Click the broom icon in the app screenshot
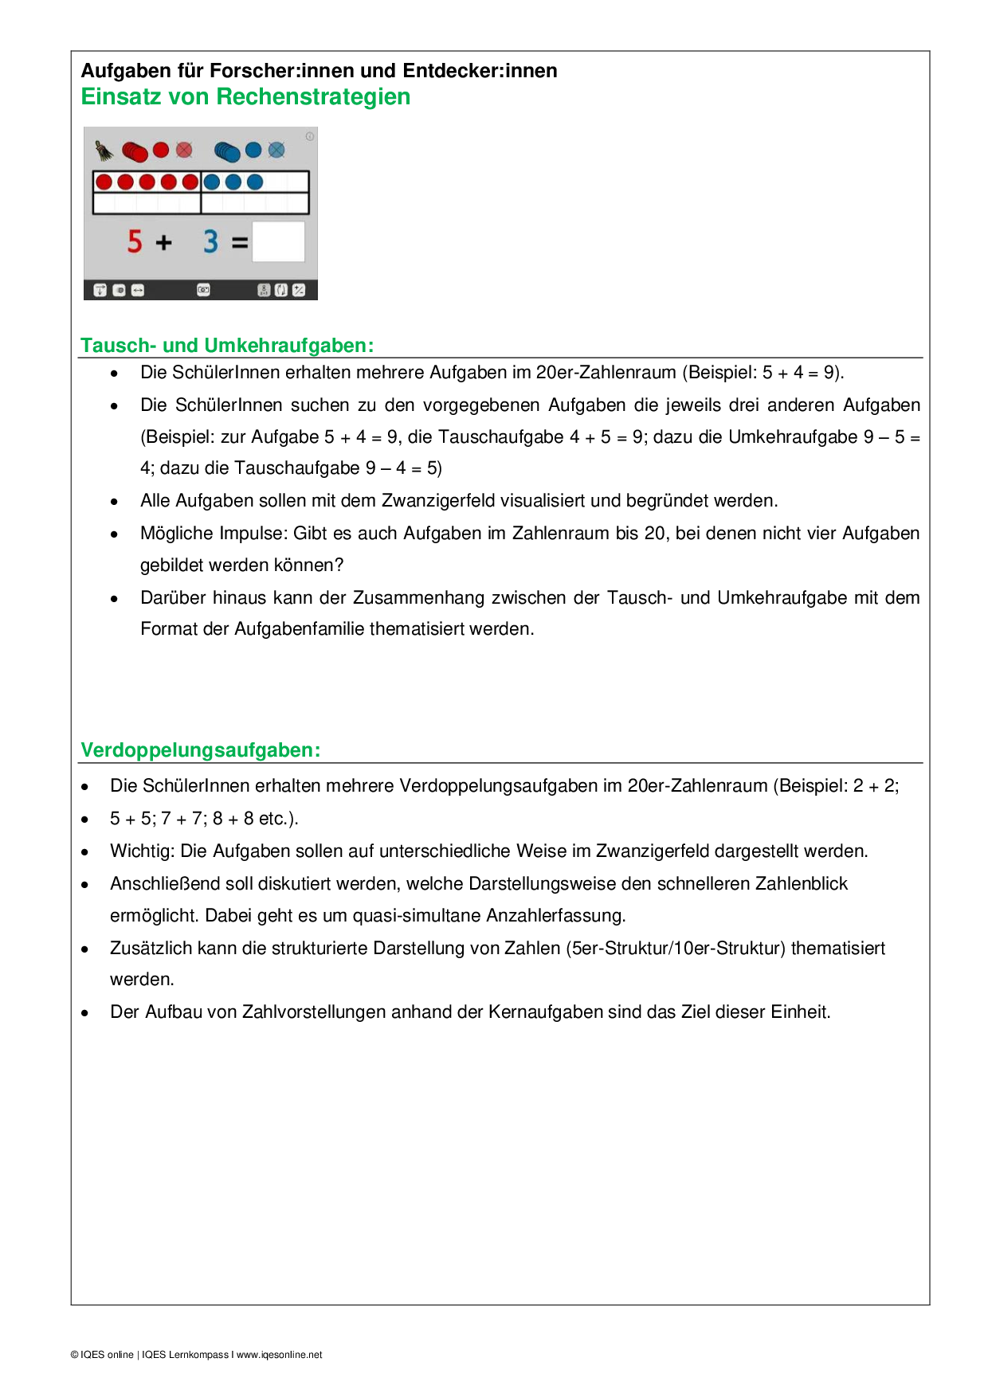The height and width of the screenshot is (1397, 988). coord(104,151)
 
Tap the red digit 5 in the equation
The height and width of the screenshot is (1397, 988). coord(135,241)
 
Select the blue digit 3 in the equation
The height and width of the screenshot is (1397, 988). coord(210,241)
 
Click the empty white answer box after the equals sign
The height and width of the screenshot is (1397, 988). coord(279,241)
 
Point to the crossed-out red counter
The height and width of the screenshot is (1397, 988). coord(185,150)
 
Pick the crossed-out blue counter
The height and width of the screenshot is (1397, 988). coord(276,150)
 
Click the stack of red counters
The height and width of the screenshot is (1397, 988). coord(135,151)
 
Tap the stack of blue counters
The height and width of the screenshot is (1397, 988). coord(227,151)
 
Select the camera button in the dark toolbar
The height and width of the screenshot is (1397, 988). coord(203,290)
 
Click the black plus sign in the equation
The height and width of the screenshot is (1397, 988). coord(164,242)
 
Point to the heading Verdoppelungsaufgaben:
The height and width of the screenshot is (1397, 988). coord(201,750)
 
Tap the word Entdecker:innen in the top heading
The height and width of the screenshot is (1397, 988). coord(480,71)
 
